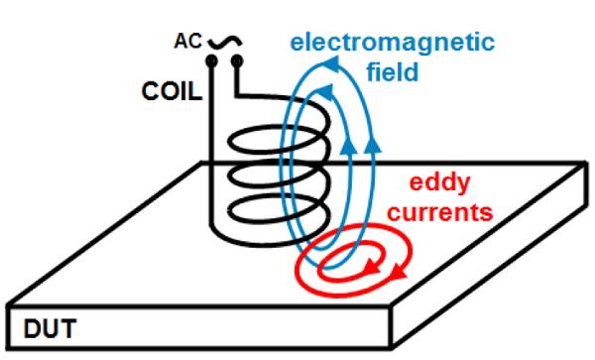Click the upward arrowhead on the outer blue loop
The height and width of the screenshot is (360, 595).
pyautogui.click(x=372, y=146)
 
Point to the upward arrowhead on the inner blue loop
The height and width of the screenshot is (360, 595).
pyautogui.click(x=347, y=146)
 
